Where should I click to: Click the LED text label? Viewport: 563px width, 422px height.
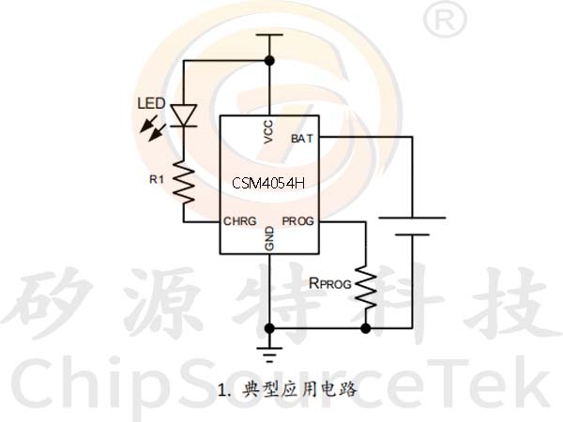coord(151,104)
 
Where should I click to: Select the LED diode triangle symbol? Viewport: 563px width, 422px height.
coord(184,115)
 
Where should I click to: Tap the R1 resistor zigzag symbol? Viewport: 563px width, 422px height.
coord(184,183)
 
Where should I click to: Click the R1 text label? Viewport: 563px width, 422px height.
coord(157,179)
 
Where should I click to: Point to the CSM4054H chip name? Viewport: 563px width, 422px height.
coord(268,184)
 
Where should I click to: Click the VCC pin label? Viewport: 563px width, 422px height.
coord(268,131)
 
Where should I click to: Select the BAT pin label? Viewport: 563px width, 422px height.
coord(302,139)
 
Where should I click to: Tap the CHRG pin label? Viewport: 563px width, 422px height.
coord(240,221)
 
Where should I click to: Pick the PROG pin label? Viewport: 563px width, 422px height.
coord(298,221)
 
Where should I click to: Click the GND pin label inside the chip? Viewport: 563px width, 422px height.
coord(269,238)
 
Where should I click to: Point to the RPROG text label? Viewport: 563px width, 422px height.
coord(330,283)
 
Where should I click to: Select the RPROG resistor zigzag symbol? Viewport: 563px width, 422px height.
coord(366,288)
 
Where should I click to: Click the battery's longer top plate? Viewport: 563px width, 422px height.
coord(412,218)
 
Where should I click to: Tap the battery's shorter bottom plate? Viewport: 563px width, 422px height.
coord(412,234)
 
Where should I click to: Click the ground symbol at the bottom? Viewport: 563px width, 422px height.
coord(269,354)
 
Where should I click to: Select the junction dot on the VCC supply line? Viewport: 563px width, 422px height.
coord(269,61)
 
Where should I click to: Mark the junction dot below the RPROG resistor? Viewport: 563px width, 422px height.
coord(366,328)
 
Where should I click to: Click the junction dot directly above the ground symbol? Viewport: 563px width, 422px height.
coord(269,328)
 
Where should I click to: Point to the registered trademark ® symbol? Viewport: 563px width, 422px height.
coord(445,20)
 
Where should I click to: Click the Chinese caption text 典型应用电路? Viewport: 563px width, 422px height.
coord(300,389)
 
